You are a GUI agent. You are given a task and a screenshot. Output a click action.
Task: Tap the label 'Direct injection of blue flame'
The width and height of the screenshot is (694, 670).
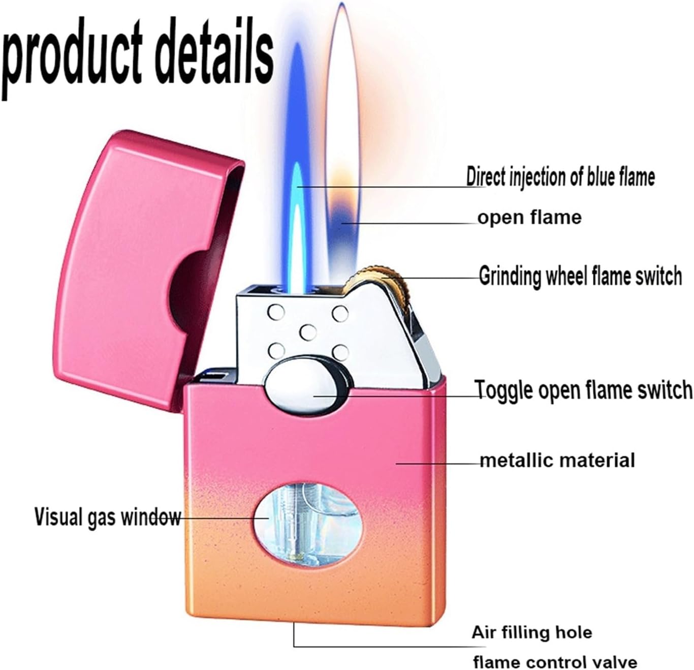click(x=560, y=177)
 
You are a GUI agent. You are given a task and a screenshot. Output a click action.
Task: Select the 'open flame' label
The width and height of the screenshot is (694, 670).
click(x=529, y=218)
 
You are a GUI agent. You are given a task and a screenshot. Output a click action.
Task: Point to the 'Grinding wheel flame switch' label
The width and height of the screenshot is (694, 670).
click(x=580, y=276)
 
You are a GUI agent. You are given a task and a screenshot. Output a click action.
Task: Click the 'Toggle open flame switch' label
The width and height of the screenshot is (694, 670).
click(x=584, y=390)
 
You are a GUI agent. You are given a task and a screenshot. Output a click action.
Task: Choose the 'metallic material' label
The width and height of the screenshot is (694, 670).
click(x=557, y=461)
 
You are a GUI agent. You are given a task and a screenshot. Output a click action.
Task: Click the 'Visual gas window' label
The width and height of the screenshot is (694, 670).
click(x=107, y=517)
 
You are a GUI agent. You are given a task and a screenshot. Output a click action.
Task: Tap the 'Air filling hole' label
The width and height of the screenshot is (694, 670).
click(x=532, y=632)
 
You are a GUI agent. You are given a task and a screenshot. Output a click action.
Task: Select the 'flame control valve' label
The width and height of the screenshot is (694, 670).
click(x=555, y=662)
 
